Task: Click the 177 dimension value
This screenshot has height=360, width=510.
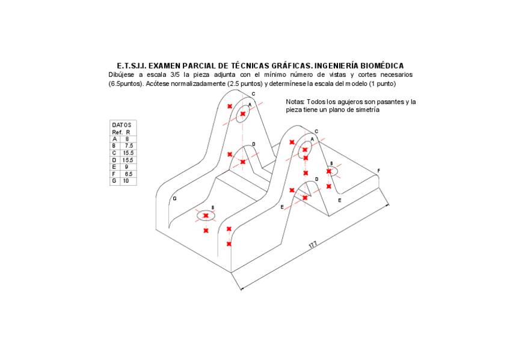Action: point(312,245)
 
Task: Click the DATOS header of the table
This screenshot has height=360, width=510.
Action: point(121,125)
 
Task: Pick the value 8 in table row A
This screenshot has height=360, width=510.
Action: point(127,139)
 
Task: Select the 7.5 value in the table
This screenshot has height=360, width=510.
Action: point(129,146)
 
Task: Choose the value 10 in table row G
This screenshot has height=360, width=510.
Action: point(126,181)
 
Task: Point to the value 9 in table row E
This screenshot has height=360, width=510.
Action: point(126,166)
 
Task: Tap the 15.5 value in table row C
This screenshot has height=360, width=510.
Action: point(127,153)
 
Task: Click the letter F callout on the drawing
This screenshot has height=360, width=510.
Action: point(378,171)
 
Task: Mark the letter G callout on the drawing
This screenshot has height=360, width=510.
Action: point(174,198)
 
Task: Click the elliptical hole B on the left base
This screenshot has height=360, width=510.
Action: point(206,215)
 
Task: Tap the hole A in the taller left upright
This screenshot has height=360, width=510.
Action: point(242,114)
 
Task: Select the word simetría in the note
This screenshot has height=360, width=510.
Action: point(366,110)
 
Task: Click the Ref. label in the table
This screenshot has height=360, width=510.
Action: point(117,132)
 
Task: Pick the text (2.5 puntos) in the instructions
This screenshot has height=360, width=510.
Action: point(244,84)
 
